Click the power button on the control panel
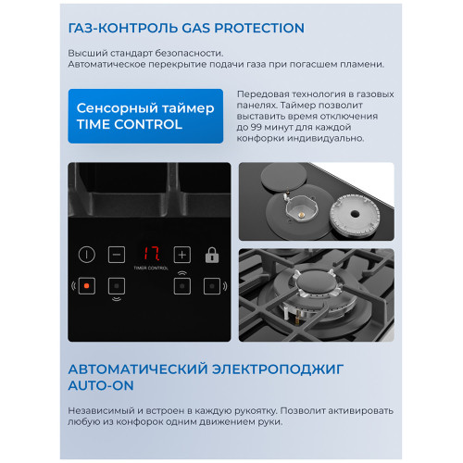[87, 254]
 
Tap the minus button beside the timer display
[117, 254]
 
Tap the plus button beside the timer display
[181, 254]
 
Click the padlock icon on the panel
[211, 254]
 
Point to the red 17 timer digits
[149, 253]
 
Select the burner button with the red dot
[87, 285]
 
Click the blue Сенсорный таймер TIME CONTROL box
[145, 117]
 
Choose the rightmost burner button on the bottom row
[211, 285]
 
